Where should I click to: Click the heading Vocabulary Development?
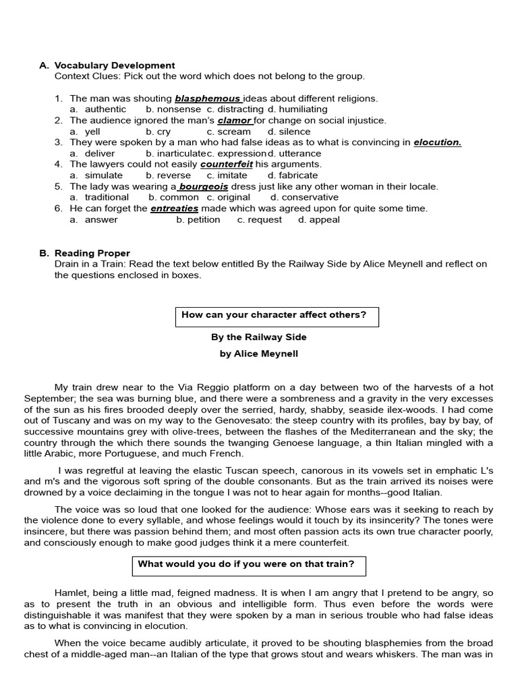(115, 65)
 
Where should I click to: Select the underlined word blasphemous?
(207, 99)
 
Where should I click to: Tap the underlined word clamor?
(234, 121)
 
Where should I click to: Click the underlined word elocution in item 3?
(437, 142)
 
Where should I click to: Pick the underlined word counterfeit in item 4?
(226, 165)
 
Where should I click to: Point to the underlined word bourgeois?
(203, 186)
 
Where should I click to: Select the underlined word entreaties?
(174, 209)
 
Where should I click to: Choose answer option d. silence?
(289, 132)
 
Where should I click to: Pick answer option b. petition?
(198, 219)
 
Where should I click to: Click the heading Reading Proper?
(92, 253)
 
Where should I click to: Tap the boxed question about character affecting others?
(277, 315)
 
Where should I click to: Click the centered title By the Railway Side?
(258, 337)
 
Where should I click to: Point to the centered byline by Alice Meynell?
(258, 354)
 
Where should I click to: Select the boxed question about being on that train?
(246, 564)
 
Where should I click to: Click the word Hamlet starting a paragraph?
(71, 592)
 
